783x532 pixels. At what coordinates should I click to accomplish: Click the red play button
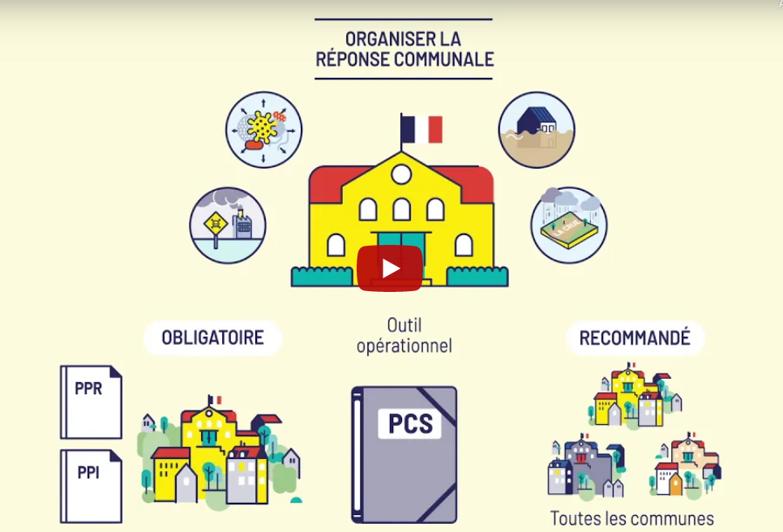(390, 268)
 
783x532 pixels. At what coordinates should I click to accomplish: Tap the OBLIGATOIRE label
(212, 337)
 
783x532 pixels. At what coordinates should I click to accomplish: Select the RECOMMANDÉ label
(635, 337)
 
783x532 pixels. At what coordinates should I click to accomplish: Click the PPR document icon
(91, 402)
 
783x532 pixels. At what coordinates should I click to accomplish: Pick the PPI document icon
(91, 486)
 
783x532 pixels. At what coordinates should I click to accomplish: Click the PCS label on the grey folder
(410, 423)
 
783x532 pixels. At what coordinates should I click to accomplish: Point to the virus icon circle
(263, 130)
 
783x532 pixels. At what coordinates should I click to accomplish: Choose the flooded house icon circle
(537, 130)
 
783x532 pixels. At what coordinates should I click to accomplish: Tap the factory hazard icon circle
(228, 225)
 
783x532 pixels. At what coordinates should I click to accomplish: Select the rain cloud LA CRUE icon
(569, 225)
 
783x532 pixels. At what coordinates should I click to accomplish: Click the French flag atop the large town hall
(421, 130)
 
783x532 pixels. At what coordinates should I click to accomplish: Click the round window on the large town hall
(401, 174)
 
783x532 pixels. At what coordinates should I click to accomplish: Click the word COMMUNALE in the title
(444, 59)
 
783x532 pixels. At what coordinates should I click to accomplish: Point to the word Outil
(404, 325)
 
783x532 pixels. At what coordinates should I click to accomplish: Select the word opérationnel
(404, 345)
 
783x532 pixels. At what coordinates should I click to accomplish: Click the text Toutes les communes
(631, 518)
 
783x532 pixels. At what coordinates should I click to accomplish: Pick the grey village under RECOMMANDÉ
(586, 466)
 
